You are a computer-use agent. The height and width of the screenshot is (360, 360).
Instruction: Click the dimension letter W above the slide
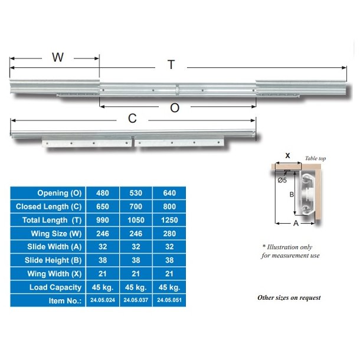57,57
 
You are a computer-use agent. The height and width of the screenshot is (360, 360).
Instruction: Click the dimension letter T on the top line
171,65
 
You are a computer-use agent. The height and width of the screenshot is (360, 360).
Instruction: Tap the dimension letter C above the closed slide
132,119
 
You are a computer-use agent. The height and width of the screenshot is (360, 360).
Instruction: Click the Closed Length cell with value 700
136,207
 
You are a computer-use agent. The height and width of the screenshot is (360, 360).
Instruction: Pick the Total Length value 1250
169,220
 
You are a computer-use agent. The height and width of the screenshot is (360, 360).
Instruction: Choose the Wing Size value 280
169,233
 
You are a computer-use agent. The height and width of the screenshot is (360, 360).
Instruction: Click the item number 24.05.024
102,300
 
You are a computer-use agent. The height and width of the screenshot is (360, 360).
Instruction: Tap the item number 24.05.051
169,300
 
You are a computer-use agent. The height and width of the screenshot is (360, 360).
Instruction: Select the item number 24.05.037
136,300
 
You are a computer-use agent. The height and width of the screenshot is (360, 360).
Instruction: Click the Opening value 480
103,193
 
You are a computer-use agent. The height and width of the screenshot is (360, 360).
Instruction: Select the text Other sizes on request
289,297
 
